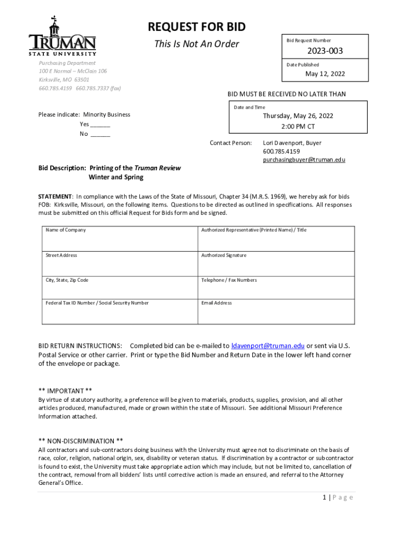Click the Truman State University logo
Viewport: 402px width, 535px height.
click(x=62, y=36)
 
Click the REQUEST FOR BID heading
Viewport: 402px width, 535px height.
click(x=196, y=27)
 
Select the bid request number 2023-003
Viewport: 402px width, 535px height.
click(x=325, y=51)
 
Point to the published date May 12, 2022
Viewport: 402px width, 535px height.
click(x=325, y=74)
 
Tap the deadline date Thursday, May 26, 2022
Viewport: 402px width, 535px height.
click(x=298, y=116)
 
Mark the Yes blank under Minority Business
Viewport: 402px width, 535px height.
click(x=100, y=124)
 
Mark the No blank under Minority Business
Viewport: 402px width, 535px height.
click(x=100, y=134)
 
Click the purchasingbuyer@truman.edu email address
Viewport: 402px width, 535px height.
click(x=304, y=160)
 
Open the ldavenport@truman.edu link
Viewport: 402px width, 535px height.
click(x=268, y=345)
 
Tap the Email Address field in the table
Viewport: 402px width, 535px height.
click(x=276, y=312)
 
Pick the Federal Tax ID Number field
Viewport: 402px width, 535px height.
click(x=120, y=312)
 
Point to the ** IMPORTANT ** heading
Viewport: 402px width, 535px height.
click(x=65, y=391)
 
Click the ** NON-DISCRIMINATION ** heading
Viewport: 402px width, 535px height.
click(x=81, y=441)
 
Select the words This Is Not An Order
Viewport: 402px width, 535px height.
click(x=196, y=44)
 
